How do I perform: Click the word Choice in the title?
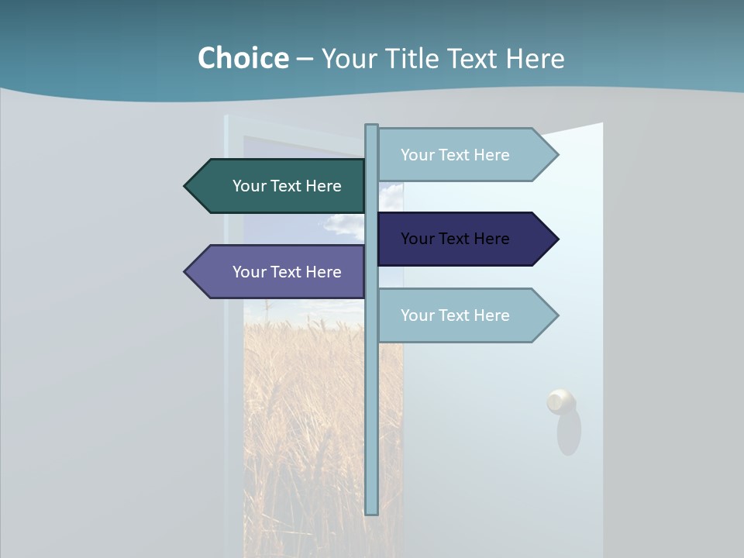tap(243, 58)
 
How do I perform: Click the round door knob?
tap(560, 401)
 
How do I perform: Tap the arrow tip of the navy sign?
tap(555, 239)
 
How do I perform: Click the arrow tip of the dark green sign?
tap(188, 186)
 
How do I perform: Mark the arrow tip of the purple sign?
tap(188, 272)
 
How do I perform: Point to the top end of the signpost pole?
tap(371, 127)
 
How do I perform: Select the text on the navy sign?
tap(455, 239)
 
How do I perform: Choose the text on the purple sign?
tap(287, 272)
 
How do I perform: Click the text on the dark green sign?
tap(287, 186)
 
